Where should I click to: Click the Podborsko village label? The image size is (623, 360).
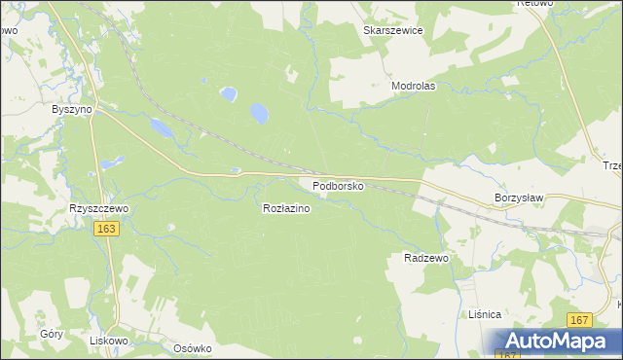coord(338,185)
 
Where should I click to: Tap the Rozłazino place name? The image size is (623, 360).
coord(286,208)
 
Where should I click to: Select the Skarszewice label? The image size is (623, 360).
coord(392,30)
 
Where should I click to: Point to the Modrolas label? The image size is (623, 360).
coord(413,86)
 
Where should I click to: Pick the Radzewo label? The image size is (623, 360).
coord(425,258)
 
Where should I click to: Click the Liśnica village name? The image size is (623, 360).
coord(484,314)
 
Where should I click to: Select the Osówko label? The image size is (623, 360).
coord(192,348)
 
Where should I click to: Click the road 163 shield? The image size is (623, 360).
coord(107,229)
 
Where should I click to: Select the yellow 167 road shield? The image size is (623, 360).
coord(581,320)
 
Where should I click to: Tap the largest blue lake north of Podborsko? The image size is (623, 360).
coord(260,114)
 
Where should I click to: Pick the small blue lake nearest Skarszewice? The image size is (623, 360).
coord(228,94)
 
